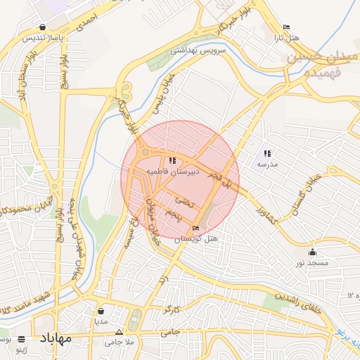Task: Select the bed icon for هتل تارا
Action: click(285, 27)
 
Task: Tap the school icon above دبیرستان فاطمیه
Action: click(174, 161)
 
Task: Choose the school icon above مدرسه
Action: click(267, 153)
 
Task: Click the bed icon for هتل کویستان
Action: click(195, 229)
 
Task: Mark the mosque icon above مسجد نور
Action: click(312, 252)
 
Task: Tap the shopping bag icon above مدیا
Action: click(101, 311)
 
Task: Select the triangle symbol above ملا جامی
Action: click(119, 332)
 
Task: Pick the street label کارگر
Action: click(171, 308)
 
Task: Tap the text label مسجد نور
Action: click(312, 262)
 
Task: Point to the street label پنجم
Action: click(174, 213)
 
